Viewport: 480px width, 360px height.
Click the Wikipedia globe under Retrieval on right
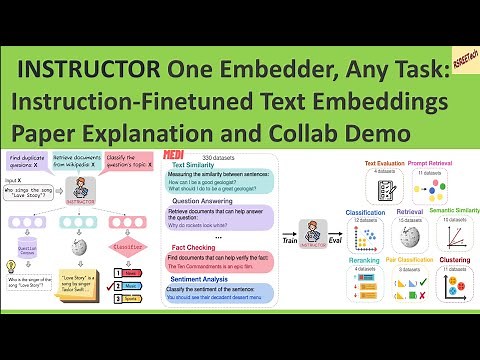(411, 239)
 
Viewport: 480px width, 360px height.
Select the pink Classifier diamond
(127, 244)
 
